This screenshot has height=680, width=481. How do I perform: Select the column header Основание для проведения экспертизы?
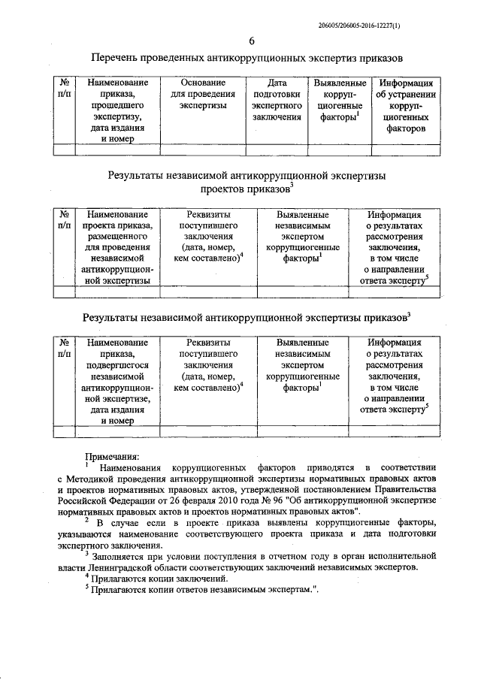tap(203, 95)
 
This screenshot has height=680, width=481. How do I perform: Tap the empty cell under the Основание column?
tap(203, 150)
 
